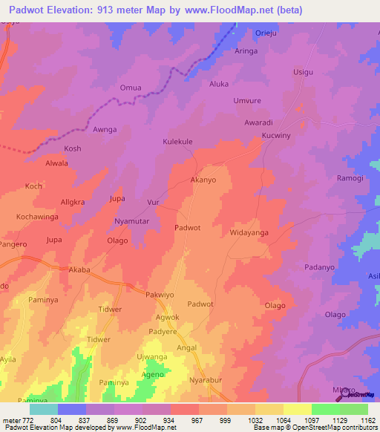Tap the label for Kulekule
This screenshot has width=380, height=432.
point(178,141)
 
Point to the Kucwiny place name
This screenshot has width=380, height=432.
point(277,137)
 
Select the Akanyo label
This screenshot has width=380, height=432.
point(203,180)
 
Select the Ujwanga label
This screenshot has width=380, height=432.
point(151,357)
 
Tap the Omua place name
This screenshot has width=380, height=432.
point(131,88)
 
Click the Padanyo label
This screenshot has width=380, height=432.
point(322,267)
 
